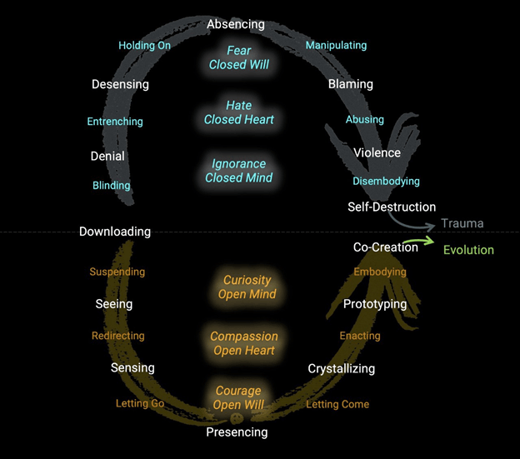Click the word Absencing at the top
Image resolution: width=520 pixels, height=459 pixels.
tap(236, 25)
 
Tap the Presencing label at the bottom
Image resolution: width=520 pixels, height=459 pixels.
tap(237, 432)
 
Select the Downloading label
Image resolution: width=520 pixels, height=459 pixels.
tap(115, 232)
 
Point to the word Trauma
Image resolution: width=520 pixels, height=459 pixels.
tap(462, 223)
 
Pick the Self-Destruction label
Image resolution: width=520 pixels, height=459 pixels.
tap(392, 207)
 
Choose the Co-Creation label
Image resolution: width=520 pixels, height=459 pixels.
tap(386, 247)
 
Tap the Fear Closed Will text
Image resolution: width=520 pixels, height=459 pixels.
tap(238, 57)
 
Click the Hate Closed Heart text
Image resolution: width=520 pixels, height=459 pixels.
tap(238, 112)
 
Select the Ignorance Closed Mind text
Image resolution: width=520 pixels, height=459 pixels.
tap(239, 171)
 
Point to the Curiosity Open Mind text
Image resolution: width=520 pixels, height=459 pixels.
tap(247, 287)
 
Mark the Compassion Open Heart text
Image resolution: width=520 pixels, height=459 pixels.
tap(243, 343)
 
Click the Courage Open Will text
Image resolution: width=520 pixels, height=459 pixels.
tap(238, 397)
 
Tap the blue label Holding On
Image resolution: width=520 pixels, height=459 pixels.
tap(144, 46)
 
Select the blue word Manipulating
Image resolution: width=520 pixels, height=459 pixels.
tap(336, 45)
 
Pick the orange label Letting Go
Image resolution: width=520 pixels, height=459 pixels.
tap(140, 404)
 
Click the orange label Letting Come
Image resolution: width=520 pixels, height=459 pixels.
tap(337, 405)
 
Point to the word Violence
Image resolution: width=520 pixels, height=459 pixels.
tap(377, 153)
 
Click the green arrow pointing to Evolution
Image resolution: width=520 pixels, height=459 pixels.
tap(425, 242)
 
